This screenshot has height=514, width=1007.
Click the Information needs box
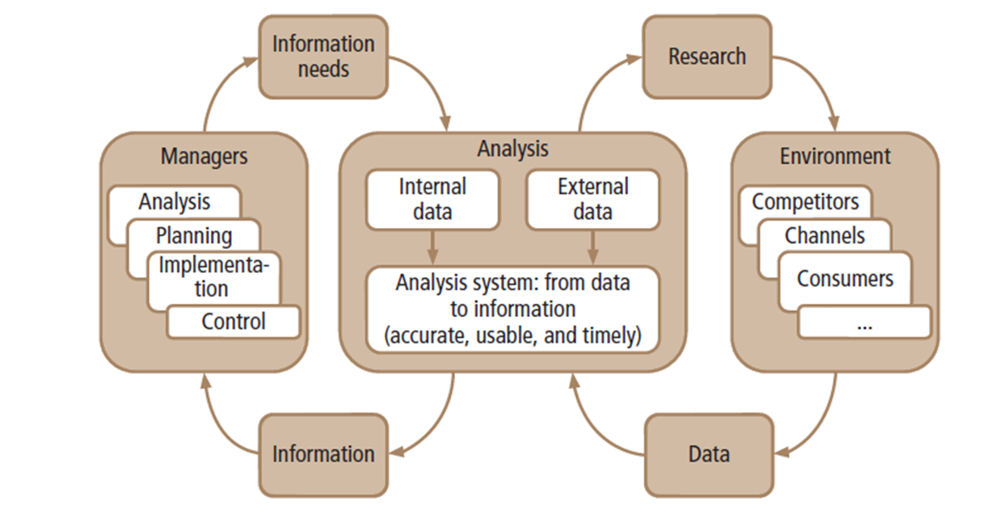tap(322, 56)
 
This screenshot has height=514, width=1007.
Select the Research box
tap(706, 56)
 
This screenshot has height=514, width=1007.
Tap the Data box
tap(708, 453)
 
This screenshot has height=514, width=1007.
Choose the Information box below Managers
tap(322, 453)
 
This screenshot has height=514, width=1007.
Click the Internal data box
tap(432, 199)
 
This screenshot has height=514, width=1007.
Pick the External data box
tap(592, 199)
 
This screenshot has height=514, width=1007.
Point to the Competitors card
tap(804, 201)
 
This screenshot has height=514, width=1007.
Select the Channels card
tap(824, 235)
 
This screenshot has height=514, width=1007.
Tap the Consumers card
tap(845, 279)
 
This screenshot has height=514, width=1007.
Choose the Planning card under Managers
tap(195, 235)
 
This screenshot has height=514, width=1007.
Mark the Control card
tap(233, 322)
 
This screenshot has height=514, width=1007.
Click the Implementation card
tap(213, 276)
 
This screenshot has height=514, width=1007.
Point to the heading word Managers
tap(204, 155)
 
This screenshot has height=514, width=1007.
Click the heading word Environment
tap(835, 155)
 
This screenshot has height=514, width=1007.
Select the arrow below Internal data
tap(432, 247)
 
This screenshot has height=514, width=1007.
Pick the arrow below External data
tap(592, 247)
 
